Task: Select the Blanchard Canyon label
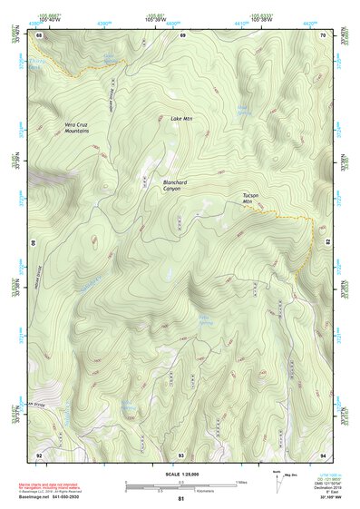point(176,184)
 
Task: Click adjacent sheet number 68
point(39,34)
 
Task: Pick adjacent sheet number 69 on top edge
point(182,34)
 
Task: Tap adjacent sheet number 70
point(324,34)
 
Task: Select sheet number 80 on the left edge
point(34,243)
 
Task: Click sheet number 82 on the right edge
point(327,243)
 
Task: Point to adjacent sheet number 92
point(39,454)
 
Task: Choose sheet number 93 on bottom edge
point(181,454)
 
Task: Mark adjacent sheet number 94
point(324,454)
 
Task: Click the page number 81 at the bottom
point(181,499)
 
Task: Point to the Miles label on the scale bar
point(242,482)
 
